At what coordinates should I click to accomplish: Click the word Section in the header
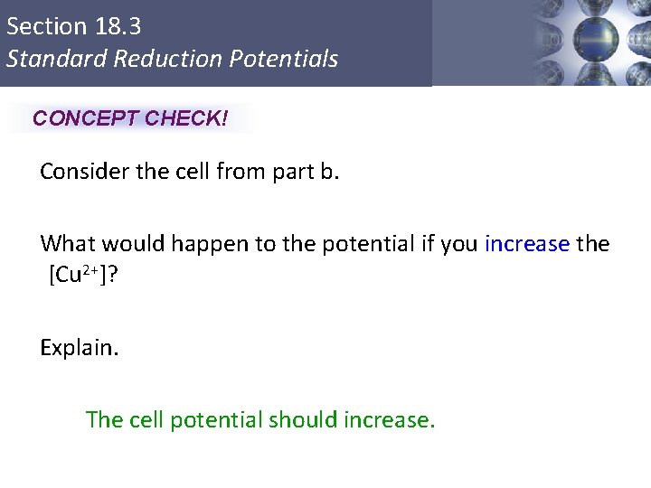coord(44,26)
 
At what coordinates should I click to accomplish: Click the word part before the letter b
coord(290,172)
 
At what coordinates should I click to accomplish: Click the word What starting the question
coord(67,244)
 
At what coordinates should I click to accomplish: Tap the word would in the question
coord(127,244)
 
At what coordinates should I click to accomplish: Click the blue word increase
coord(527,244)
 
